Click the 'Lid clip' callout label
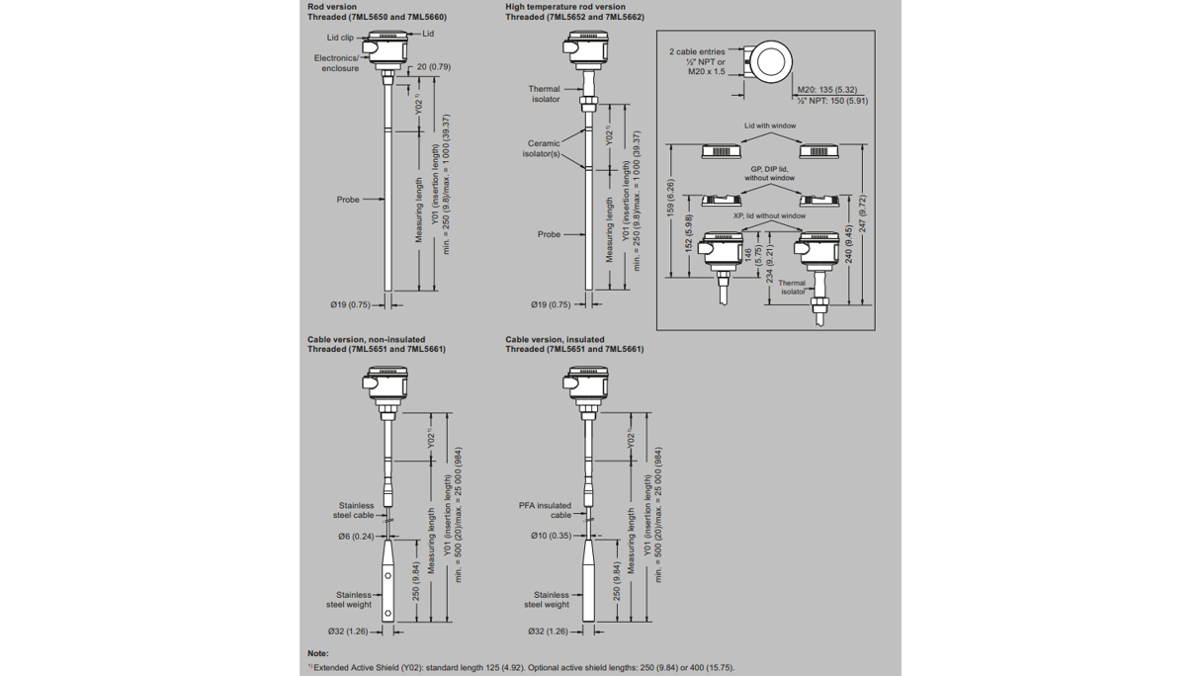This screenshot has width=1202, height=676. point(340,38)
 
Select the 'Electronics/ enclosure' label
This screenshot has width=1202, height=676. point(336,63)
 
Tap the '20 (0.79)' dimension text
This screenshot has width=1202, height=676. point(433,67)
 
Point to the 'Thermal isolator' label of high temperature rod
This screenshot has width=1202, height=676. point(544,94)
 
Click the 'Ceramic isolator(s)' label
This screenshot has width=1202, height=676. point(543,148)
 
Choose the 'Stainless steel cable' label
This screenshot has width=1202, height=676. point(356,510)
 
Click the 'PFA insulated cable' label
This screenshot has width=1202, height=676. point(545,510)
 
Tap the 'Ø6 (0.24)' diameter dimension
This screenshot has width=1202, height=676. point(356,537)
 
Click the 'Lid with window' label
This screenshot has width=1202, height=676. point(770,126)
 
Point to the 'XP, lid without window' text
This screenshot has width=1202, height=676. point(769,215)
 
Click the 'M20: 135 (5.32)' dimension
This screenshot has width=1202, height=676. point(827,90)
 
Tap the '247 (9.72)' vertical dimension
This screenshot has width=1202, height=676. point(862,213)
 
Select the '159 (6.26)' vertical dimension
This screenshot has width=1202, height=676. point(671,199)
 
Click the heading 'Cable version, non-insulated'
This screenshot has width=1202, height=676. point(366,339)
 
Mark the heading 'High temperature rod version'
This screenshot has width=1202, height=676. point(564,7)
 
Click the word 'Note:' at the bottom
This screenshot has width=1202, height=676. point(317,653)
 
